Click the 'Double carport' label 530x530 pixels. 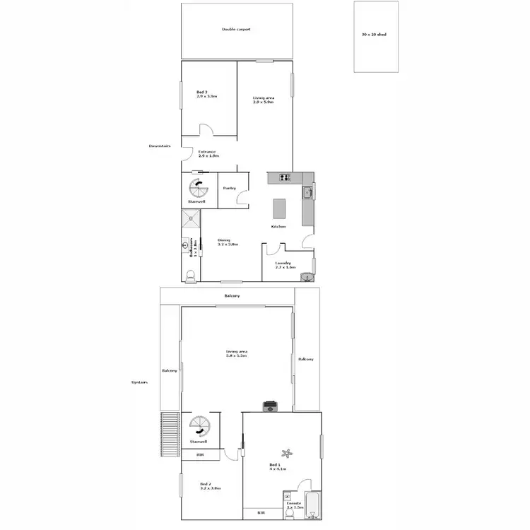236,30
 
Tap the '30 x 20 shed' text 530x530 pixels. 374,34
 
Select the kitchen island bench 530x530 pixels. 280,208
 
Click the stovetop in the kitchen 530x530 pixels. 284,178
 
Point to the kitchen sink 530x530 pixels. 307,192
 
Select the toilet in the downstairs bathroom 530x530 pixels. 189,275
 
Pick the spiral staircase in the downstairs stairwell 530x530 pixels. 198,189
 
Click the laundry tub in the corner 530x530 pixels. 307,276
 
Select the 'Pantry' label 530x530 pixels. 229,188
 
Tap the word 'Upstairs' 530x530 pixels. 140,382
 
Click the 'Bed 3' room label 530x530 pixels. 202,93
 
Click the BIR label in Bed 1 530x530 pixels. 261,512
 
